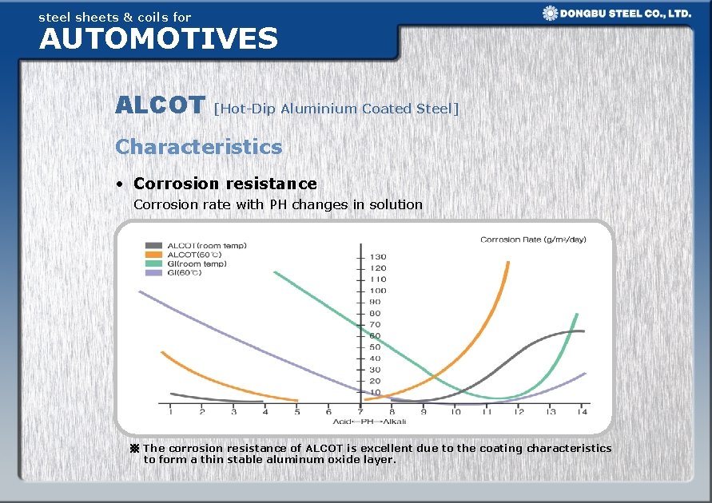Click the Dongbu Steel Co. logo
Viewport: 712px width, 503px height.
click(x=616, y=13)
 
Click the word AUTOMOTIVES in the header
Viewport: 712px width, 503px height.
click(x=158, y=38)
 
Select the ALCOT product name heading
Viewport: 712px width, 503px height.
click(x=160, y=105)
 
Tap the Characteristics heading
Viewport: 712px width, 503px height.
click(x=198, y=147)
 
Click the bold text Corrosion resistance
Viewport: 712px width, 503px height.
click(x=225, y=184)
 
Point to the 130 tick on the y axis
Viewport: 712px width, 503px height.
click(x=376, y=256)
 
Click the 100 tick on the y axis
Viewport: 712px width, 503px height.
click(x=376, y=291)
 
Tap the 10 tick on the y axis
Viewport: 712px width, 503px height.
click(x=374, y=392)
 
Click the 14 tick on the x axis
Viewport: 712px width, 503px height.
click(x=582, y=412)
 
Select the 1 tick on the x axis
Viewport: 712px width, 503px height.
click(x=170, y=412)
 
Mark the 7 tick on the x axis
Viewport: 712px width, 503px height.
click(x=360, y=412)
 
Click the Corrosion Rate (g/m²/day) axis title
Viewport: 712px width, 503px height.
click(x=532, y=240)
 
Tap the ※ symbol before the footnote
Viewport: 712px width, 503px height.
click(x=134, y=449)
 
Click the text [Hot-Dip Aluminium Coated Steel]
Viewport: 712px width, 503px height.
click(x=336, y=109)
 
